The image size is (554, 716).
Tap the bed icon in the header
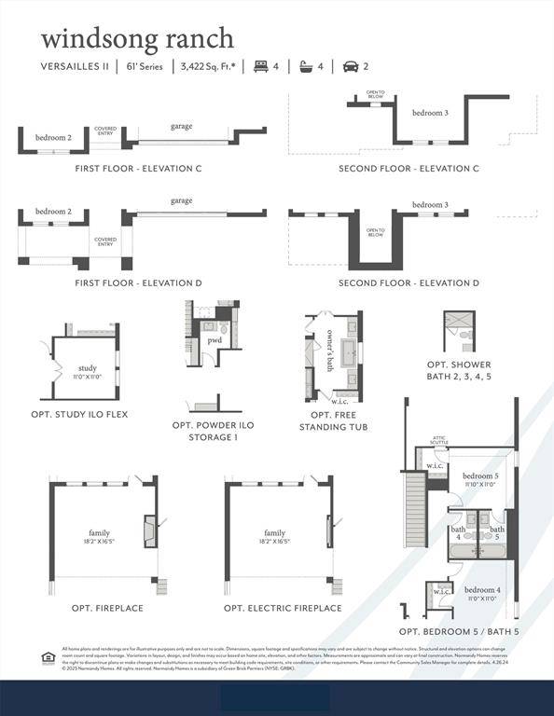[x=261, y=66]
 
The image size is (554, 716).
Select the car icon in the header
[x=351, y=66]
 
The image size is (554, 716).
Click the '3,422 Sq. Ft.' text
[x=207, y=66]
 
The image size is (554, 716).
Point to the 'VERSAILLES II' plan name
[x=74, y=66]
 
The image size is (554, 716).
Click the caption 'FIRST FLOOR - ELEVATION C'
[x=138, y=169]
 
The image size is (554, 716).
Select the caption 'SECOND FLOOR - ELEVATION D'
[x=409, y=282]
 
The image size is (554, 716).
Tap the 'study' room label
[x=87, y=368]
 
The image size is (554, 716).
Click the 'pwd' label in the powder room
[x=215, y=340]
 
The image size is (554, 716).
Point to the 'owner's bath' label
[x=330, y=351]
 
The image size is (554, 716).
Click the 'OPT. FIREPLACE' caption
[x=107, y=608]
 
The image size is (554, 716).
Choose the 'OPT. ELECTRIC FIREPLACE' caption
[x=283, y=608]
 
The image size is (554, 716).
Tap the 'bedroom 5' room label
[x=481, y=476]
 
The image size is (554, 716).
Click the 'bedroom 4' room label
[x=482, y=590]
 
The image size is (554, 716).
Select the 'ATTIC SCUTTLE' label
[x=439, y=441]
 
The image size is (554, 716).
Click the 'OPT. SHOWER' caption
[x=459, y=365]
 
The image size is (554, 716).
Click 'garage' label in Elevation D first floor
[x=182, y=200]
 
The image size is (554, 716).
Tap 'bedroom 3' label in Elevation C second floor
[x=430, y=113]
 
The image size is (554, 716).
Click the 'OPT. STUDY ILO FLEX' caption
[x=79, y=413]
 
